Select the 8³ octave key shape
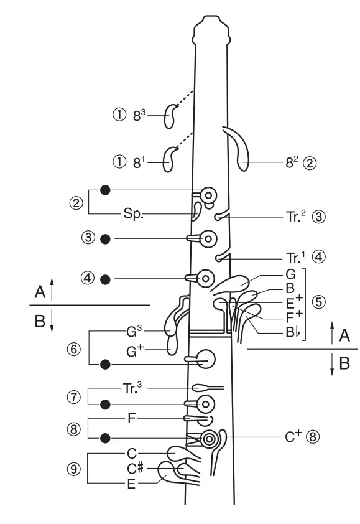(x=169, y=116)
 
